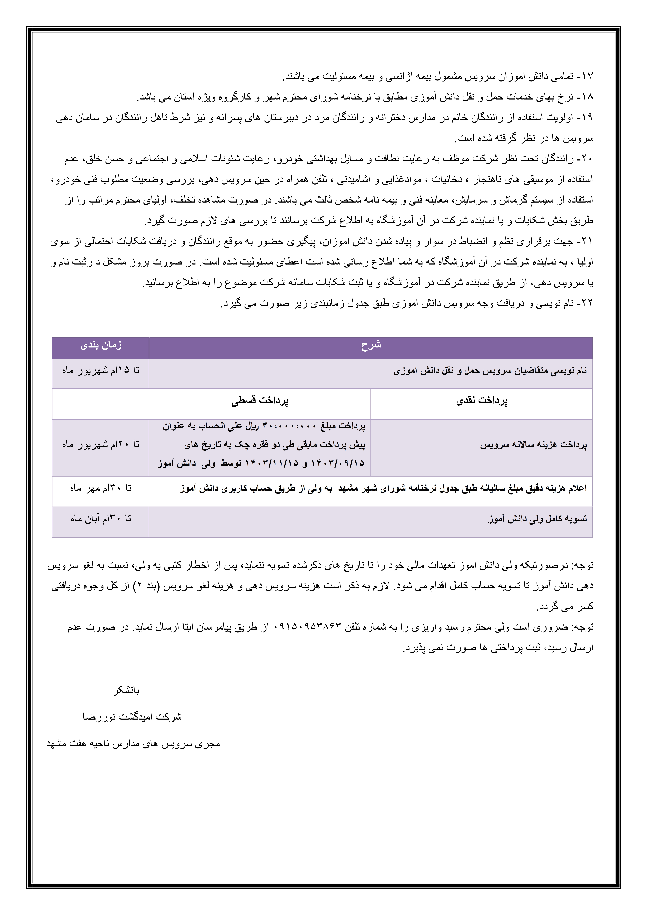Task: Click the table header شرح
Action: tap(371, 345)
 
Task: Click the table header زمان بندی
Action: tap(101, 345)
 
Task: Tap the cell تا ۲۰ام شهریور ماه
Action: tap(101, 444)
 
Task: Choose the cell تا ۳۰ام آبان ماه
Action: tap(101, 519)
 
